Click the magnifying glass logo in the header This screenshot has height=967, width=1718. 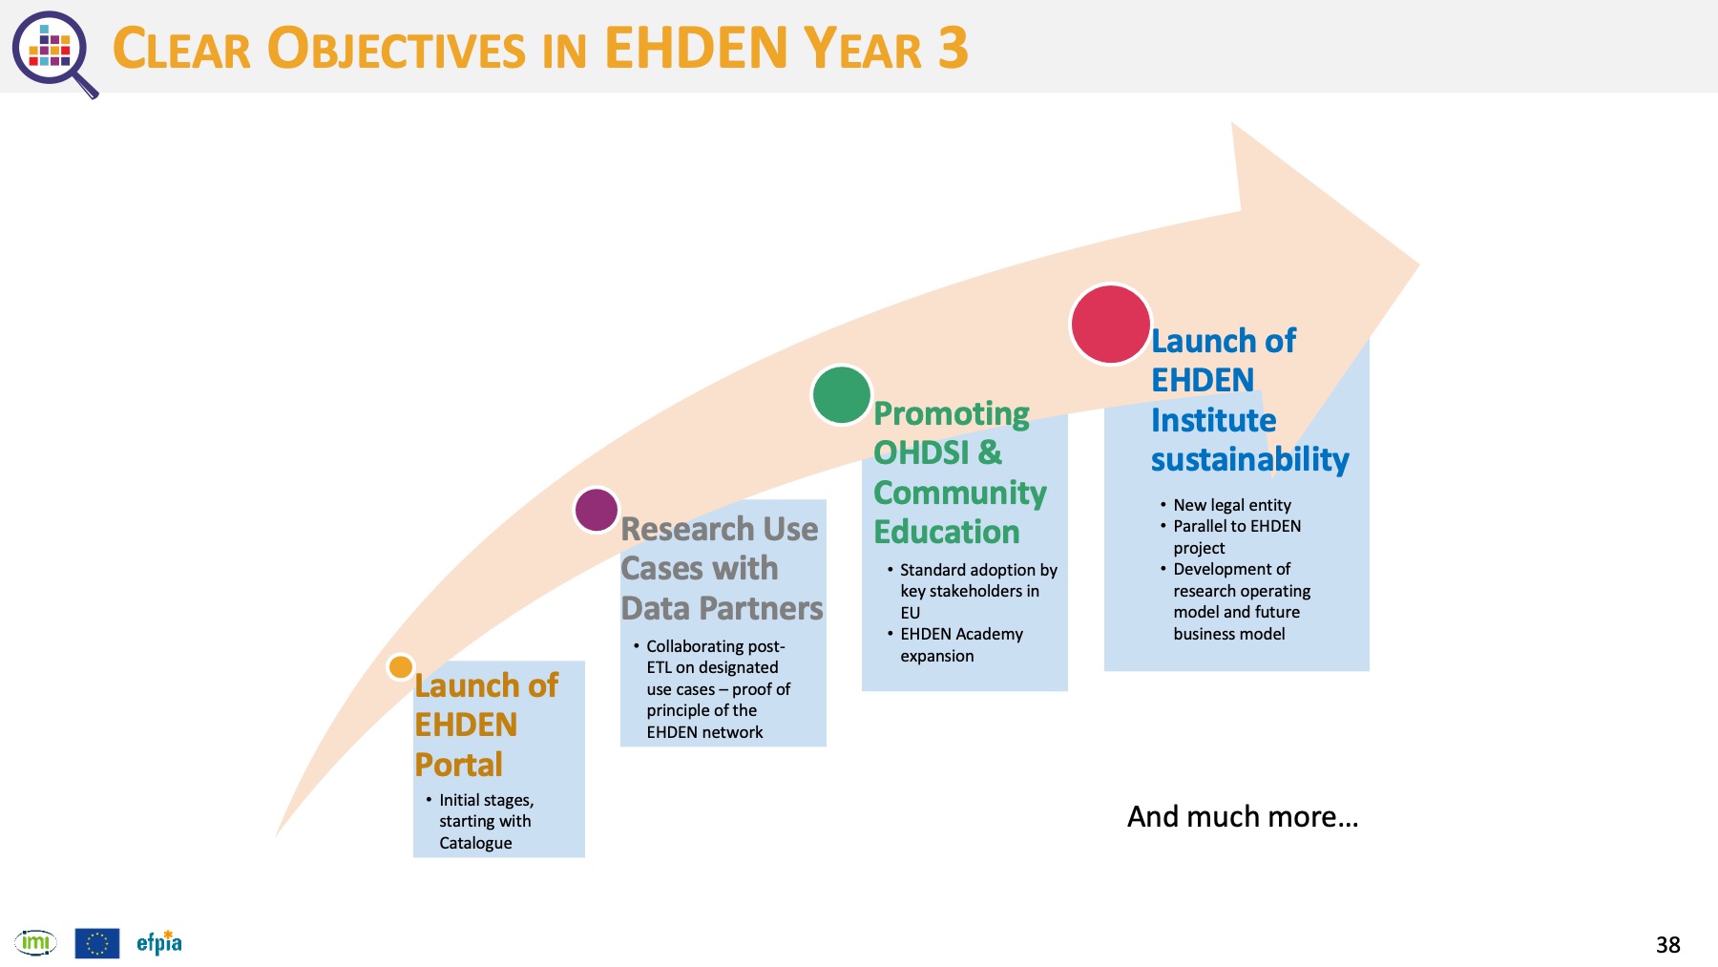tap(53, 53)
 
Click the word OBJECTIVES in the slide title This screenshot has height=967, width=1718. tap(396, 49)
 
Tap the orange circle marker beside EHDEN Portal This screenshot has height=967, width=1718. tap(401, 666)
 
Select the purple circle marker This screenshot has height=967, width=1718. tap(597, 510)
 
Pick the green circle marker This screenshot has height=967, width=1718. tap(842, 394)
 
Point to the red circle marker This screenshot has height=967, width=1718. tap(1110, 324)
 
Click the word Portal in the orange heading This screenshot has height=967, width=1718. tap(458, 765)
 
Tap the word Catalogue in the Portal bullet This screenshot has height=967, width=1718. tap(475, 843)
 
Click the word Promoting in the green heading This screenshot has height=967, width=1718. tap(952, 414)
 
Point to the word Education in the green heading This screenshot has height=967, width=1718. tap(947, 532)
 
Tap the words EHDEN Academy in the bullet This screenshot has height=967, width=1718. tap(961, 634)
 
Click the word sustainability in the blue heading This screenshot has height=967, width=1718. tap(1249, 460)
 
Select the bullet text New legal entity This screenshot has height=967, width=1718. tap(1232, 505)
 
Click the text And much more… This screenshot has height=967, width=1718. tap(1243, 817)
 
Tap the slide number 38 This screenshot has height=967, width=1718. tap(1668, 945)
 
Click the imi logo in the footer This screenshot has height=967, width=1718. tap(35, 943)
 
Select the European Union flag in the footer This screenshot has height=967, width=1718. tap(97, 943)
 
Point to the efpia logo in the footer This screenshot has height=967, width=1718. tap(159, 942)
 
